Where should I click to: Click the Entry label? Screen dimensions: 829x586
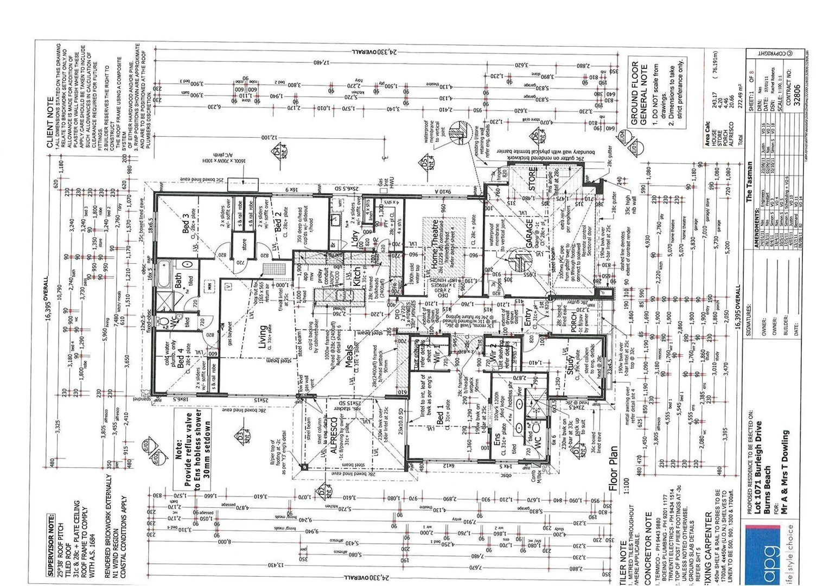528,317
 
